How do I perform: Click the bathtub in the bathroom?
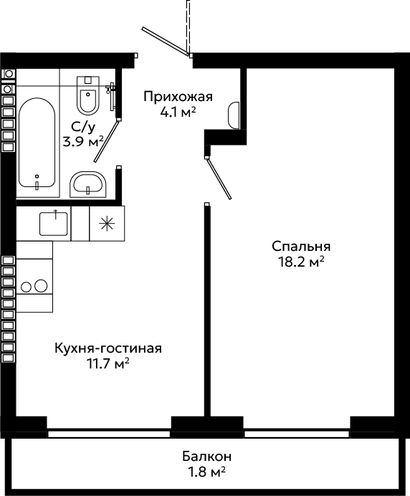pos(37,143)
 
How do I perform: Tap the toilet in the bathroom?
pos(88,95)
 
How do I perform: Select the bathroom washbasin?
pos(88,184)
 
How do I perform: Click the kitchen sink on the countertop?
pos(54,224)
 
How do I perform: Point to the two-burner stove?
pos(34,286)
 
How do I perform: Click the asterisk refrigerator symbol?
pos(107,224)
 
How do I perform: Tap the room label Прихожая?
pos(178,97)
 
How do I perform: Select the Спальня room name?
pos(301,247)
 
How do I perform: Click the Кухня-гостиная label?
pos(108,348)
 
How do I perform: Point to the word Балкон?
pos(207,457)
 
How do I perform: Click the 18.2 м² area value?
pos(301,262)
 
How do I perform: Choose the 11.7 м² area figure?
pos(108,363)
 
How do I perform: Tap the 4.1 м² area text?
pos(178,112)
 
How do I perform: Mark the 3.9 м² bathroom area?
pos(84,142)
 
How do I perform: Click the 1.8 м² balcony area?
pos(207,472)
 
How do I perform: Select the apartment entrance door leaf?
pos(166,41)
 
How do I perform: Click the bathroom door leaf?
pos(106,140)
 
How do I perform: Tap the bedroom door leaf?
pos(219,178)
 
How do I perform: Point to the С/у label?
pos(83,127)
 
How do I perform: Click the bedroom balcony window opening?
pos(297,434)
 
